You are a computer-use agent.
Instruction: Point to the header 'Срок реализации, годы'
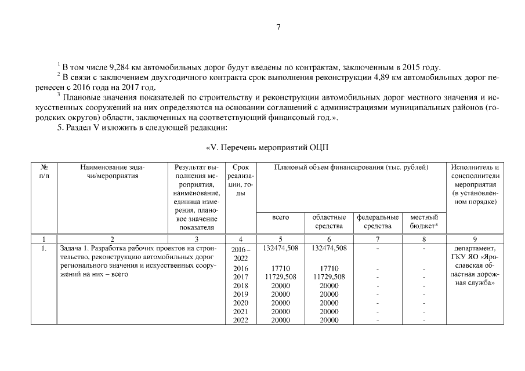pos(240,180)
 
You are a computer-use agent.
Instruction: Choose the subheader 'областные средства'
pos(329,221)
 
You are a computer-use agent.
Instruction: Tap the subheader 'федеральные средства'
pos(378,221)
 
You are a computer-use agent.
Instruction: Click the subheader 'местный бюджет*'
pos(423,221)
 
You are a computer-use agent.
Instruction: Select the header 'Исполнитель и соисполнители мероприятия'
pos(475,184)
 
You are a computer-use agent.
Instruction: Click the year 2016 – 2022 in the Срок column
pos(240,253)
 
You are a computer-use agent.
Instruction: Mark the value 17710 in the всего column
pos(280,268)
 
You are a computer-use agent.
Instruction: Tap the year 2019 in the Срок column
pos(240,294)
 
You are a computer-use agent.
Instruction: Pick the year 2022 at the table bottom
pos(240,320)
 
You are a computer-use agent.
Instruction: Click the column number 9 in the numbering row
pos(475,239)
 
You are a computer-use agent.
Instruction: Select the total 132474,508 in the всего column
pos(280,248)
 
